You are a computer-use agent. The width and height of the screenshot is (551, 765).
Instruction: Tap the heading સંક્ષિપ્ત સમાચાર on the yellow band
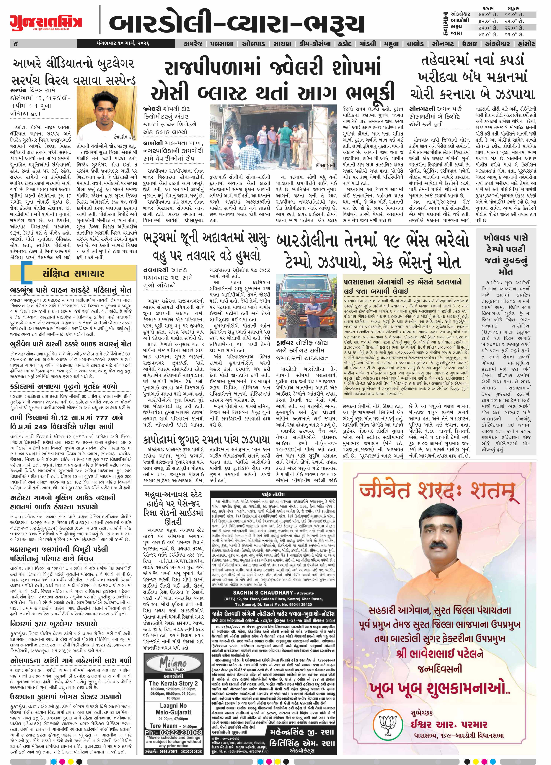pos(73,274)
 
